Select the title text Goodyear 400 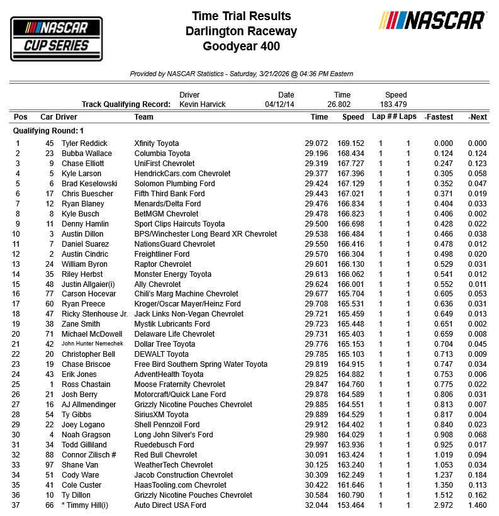pos(242,46)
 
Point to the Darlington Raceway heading pos(242,31)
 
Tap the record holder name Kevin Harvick pos(203,104)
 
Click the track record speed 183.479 pos(396,104)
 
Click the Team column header pos(143,117)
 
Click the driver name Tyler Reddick pos(84,143)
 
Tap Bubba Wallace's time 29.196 pos(317,154)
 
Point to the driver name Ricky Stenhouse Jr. pos(94,314)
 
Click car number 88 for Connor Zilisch pos(48,455)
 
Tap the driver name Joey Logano pos(82,425)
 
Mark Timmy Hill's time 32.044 pos(317,505)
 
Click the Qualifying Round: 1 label pos(48,131)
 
